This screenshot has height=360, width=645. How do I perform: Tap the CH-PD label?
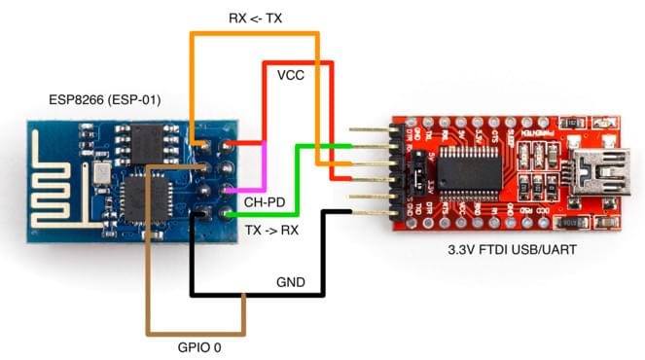pos(265,202)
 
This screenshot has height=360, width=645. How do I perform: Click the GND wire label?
pos(291,283)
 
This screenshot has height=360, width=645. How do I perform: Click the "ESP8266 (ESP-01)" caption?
pos(105,100)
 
